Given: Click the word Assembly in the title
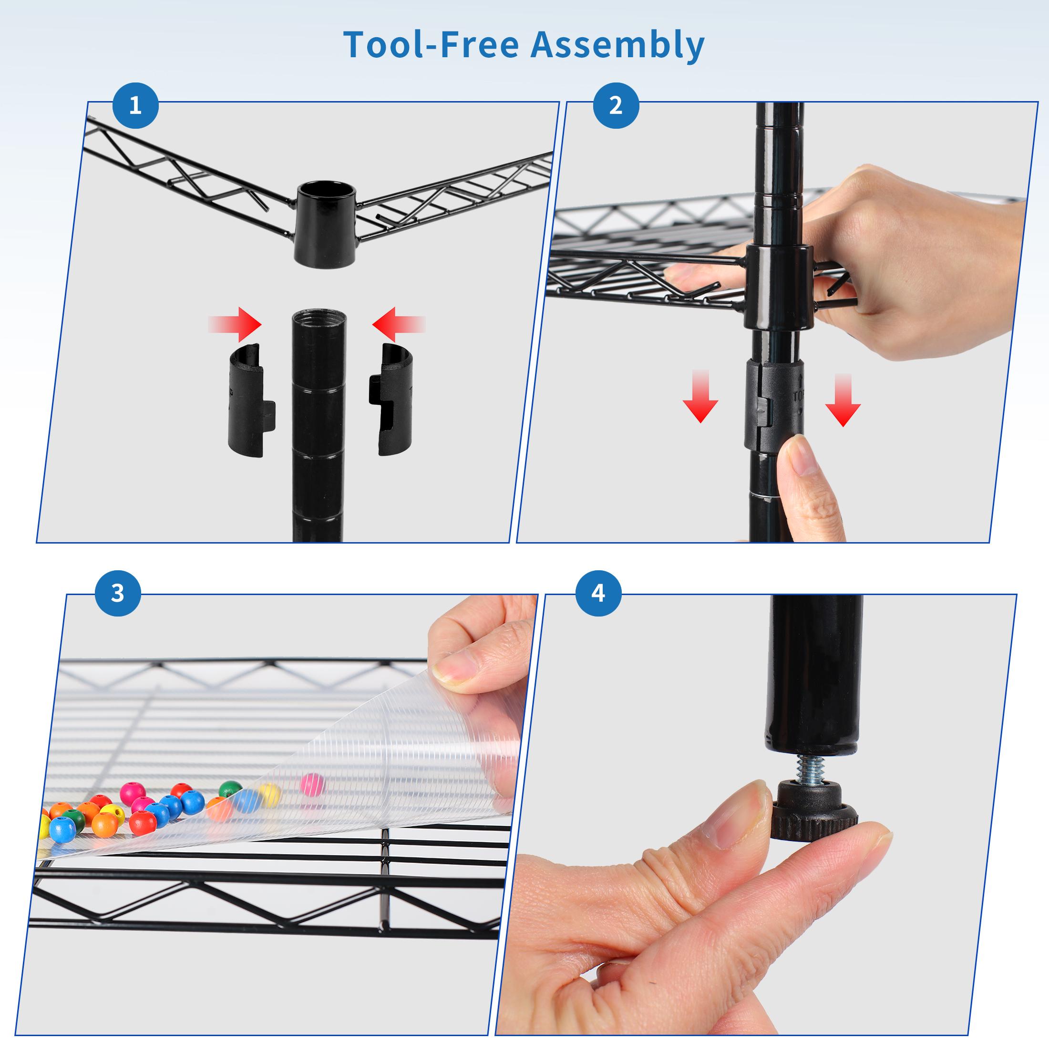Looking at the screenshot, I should coord(617,46).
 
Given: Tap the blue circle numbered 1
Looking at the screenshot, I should coord(135,105).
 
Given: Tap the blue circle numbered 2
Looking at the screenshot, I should coord(615,105).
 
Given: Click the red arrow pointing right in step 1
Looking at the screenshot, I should coord(236,325).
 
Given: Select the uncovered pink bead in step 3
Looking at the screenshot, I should coord(312,783).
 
